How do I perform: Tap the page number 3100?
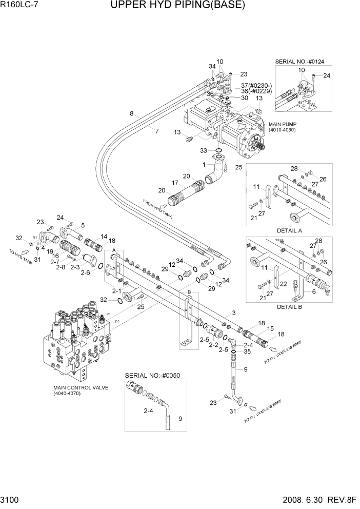tap(11, 502)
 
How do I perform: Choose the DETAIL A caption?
tap(289, 230)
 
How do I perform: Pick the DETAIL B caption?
tap(289, 307)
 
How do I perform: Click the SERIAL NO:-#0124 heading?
tap(303, 62)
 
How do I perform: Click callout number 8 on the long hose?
tap(132, 113)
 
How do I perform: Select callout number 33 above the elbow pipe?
tap(203, 150)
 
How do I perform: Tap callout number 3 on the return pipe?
tap(234, 313)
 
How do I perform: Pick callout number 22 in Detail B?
tap(283, 284)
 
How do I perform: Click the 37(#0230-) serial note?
tap(256, 85)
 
